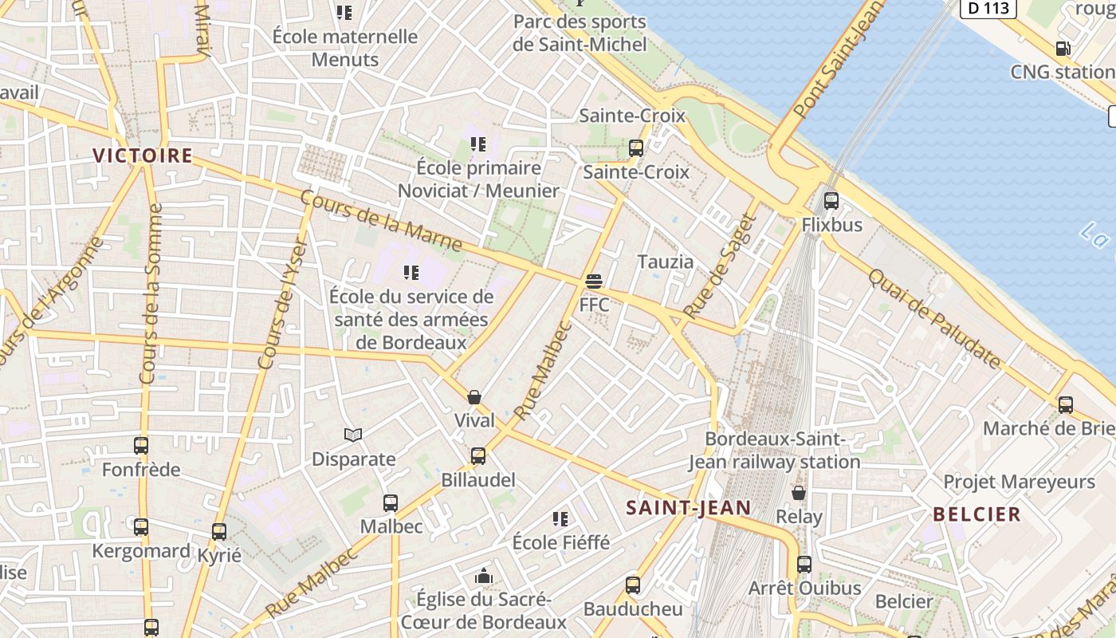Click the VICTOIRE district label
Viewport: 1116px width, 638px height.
pyautogui.click(x=143, y=156)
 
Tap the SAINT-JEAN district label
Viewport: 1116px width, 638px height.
pyautogui.click(x=688, y=507)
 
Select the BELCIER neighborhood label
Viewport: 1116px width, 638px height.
pyautogui.click(x=976, y=514)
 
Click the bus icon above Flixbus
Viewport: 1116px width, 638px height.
pyautogui.click(x=831, y=201)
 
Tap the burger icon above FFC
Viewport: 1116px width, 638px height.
pyautogui.click(x=593, y=281)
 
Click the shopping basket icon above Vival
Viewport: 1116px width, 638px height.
pyautogui.click(x=474, y=397)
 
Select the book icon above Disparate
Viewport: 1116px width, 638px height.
pyautogui.click(x=353, y=435)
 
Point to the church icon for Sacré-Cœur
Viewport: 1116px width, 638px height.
pyautogui.click(x=483, y=576)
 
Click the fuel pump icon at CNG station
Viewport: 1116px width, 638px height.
pyautogui.click(x=1063, y=48)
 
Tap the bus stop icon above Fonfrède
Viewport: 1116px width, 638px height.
pyautogui.click(x=141, y=446)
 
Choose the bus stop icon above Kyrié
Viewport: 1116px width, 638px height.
pyautogui.click(x=219, y=531)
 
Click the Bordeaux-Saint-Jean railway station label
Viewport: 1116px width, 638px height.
pyautogui.click(x=774, y=451)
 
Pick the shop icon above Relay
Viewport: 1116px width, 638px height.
pyautogui.click(x=798, y=493)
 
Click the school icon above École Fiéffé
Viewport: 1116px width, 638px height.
pyautogui.click(x=560, y=519)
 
